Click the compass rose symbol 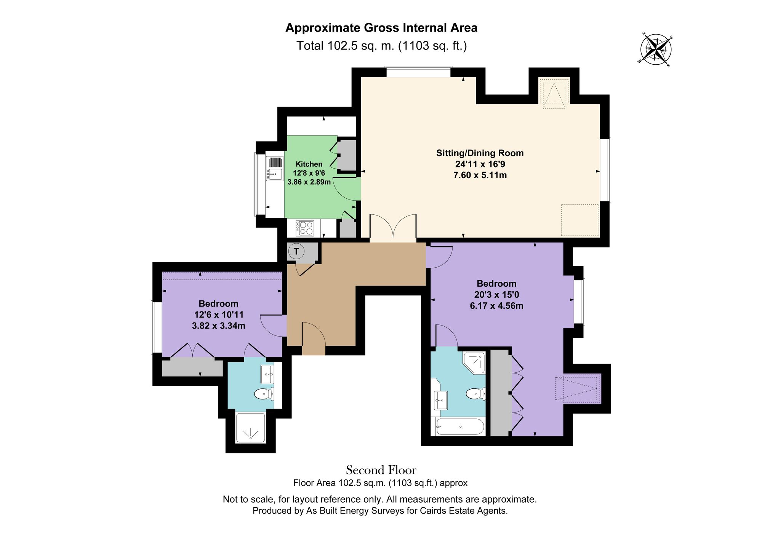click(x=656, y=50)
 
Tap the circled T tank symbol click(x=296, y=251)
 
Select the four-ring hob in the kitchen click(x=305, y=228)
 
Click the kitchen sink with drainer click(x=275, y=169)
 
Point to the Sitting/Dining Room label click(x=480, y=153)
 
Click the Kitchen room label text click(x=309, y=164)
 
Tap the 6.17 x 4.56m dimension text click(x=496, y=306)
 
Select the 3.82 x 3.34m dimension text click(x=218, y=326)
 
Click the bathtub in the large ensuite click(x=460, y=426)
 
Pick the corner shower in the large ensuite click(x=474, y=362)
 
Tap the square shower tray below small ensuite click(x=250, y=428)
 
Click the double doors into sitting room click(x=393, y=228)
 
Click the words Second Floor click(x=381, y=470)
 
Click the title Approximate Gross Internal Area click(x=381, y=28)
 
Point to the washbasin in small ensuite click(x=267, y=375)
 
